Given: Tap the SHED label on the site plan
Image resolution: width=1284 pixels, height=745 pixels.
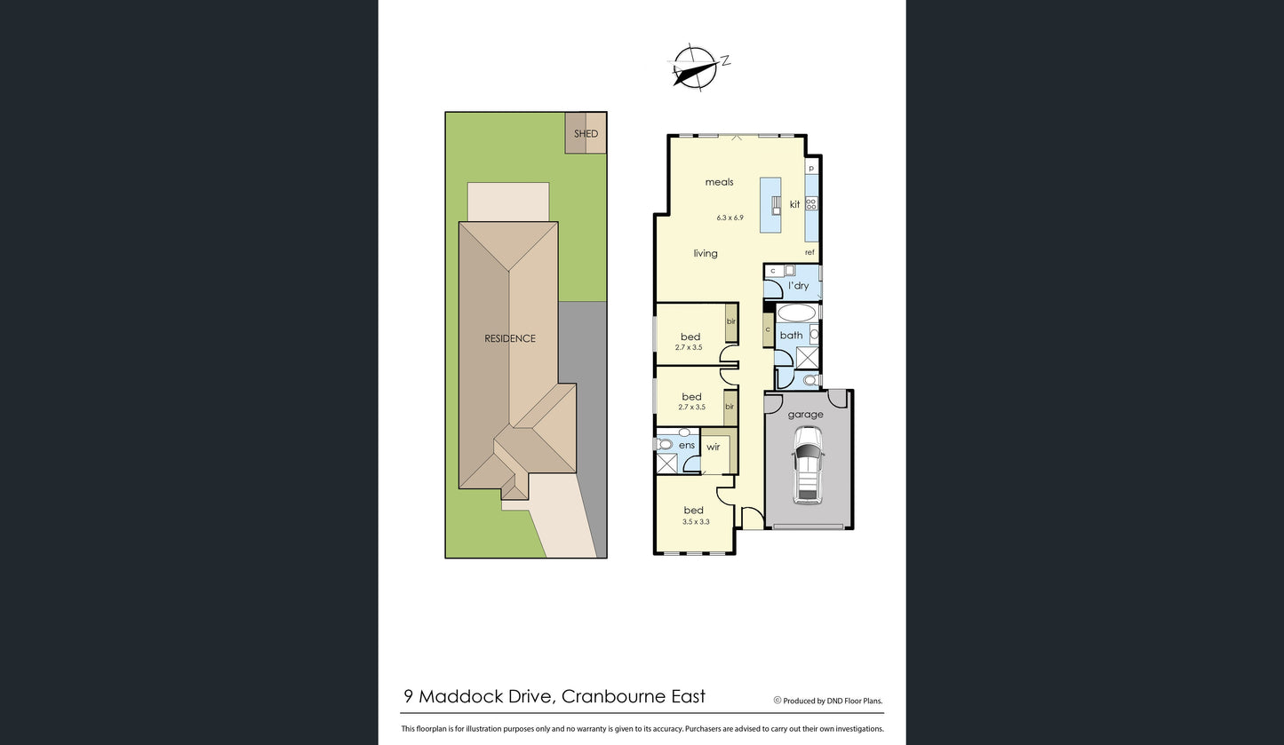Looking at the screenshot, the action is (x=586, y=133).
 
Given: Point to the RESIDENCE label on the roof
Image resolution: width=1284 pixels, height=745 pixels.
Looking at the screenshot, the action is (x=510, y=338).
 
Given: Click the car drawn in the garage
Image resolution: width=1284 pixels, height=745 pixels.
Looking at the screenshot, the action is (x=808, y=465).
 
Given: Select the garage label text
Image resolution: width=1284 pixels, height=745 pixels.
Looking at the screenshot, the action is (x=805, y=414).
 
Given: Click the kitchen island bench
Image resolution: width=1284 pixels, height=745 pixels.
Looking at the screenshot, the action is (x=770, y=204).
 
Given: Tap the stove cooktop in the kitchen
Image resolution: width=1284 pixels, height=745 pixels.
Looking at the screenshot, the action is (x=811, y=203).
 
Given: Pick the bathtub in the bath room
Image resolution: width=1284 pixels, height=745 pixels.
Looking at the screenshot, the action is (x=797, y=313).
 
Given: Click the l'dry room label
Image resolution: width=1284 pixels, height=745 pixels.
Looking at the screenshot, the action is (x=798, y=285).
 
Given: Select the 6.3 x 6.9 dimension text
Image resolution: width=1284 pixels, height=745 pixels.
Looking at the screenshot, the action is (x=730, y=218).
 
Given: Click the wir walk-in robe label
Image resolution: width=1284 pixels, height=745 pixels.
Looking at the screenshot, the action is (x=713, y=447).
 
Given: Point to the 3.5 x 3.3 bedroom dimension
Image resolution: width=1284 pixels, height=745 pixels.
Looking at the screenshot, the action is (x=696, y=521).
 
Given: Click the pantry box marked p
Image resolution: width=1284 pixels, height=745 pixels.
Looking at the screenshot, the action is (x=811, y=167).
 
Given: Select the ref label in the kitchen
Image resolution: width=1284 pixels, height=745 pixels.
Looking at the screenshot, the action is (x=809, y=252).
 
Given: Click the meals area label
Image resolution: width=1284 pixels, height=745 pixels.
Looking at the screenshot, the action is (x=720, y=182).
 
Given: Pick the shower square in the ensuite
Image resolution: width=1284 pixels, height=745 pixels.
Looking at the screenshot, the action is (x=666, y=464).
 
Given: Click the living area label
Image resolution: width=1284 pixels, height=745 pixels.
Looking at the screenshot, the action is (x=706, y=254).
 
